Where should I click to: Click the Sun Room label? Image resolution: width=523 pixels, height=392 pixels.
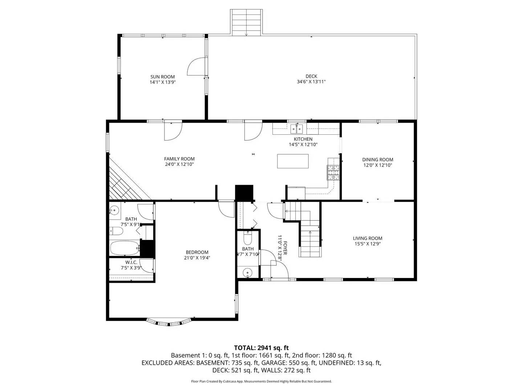point(162,77)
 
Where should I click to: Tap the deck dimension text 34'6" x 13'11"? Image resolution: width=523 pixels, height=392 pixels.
point(311,82)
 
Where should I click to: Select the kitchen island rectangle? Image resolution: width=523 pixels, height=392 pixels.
point(293,161)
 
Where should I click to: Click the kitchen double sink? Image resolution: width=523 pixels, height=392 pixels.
point(297,128)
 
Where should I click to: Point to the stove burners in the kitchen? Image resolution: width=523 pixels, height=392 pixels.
point(333,172)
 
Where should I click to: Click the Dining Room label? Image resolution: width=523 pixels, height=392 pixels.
point(377,160)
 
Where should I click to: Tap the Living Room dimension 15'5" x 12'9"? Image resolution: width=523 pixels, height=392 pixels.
point(368,244)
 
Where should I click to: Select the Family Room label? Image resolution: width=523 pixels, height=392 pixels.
point(179,159)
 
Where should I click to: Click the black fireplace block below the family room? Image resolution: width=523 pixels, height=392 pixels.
point(244,193)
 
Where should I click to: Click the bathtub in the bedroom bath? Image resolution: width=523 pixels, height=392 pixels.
point(124,248)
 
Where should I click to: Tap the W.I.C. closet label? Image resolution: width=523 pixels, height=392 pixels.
point(131,262)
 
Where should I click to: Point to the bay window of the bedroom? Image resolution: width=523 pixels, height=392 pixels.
point(169,322)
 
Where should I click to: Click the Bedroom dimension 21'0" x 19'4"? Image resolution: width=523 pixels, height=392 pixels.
point(197,258)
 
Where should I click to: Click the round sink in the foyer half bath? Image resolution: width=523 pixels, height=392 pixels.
point(248,272)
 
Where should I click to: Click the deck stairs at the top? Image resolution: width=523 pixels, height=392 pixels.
point(246,23)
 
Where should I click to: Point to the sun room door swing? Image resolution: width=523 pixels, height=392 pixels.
point(196,66)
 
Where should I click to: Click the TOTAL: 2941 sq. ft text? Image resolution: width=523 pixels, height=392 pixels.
point(261,348)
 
